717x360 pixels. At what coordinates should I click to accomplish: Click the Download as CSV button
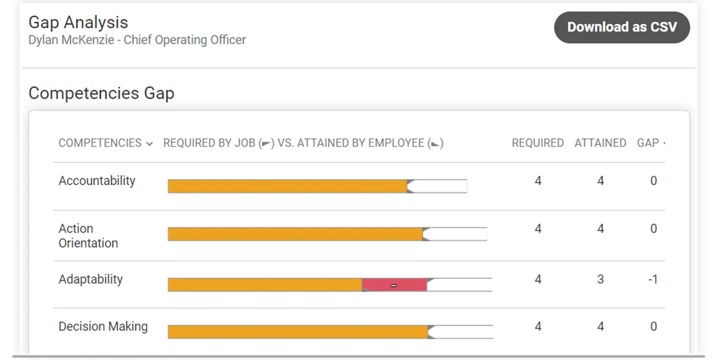[x=622, y=27]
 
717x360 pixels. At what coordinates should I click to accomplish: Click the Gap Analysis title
[x=79, y=22]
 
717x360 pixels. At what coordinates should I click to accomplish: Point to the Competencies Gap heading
[x=101, y=93]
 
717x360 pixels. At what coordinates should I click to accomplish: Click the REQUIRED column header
[x=538, y=143]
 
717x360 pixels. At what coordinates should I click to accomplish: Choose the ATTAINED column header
[x=600, y=143]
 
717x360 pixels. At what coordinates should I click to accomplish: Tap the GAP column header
[x=648, y=143]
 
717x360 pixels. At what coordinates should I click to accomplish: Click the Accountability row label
[x=97, y=181]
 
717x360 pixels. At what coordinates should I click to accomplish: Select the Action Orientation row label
[x=88, y=236]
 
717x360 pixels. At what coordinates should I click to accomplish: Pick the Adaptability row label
[x=91, y=279]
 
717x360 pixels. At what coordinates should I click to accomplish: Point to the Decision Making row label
[x=103, y=326]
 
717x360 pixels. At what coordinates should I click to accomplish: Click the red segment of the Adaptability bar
[x=394, y=285]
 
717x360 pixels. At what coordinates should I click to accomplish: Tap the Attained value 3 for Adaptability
[x=600, y=280]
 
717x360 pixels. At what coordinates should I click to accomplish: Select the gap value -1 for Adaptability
[x=653, y=280]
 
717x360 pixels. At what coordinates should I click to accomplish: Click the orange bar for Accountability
[x=287, y=186]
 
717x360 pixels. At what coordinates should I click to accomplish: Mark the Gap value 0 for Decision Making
[x=653, y=327]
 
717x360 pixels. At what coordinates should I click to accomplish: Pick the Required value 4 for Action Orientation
[x=538, y=229]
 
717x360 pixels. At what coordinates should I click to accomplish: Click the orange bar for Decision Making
[x=297, y=332]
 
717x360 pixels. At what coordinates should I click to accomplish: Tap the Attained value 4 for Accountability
[x=600, y=181]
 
